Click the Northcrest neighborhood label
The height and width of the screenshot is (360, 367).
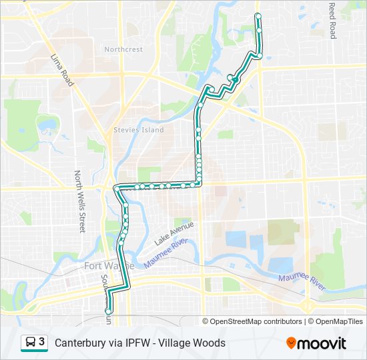click(x=123, y=49)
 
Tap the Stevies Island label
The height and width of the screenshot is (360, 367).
click(x=138, y=130)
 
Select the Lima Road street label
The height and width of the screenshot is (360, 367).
click(x=61, y=69)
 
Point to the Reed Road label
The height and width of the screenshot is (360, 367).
click(x=332, y=21)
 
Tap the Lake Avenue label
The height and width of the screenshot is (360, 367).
click(x=173, y=233)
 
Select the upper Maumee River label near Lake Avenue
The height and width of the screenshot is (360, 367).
click(x=167, y=255)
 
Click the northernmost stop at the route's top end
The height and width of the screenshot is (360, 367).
click(x=258, y=15)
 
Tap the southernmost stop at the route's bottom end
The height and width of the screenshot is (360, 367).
click(x=108, y=311)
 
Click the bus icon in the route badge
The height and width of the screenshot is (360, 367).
click(x=31, y=343)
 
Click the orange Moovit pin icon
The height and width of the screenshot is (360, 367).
click(x=291, y=343)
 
